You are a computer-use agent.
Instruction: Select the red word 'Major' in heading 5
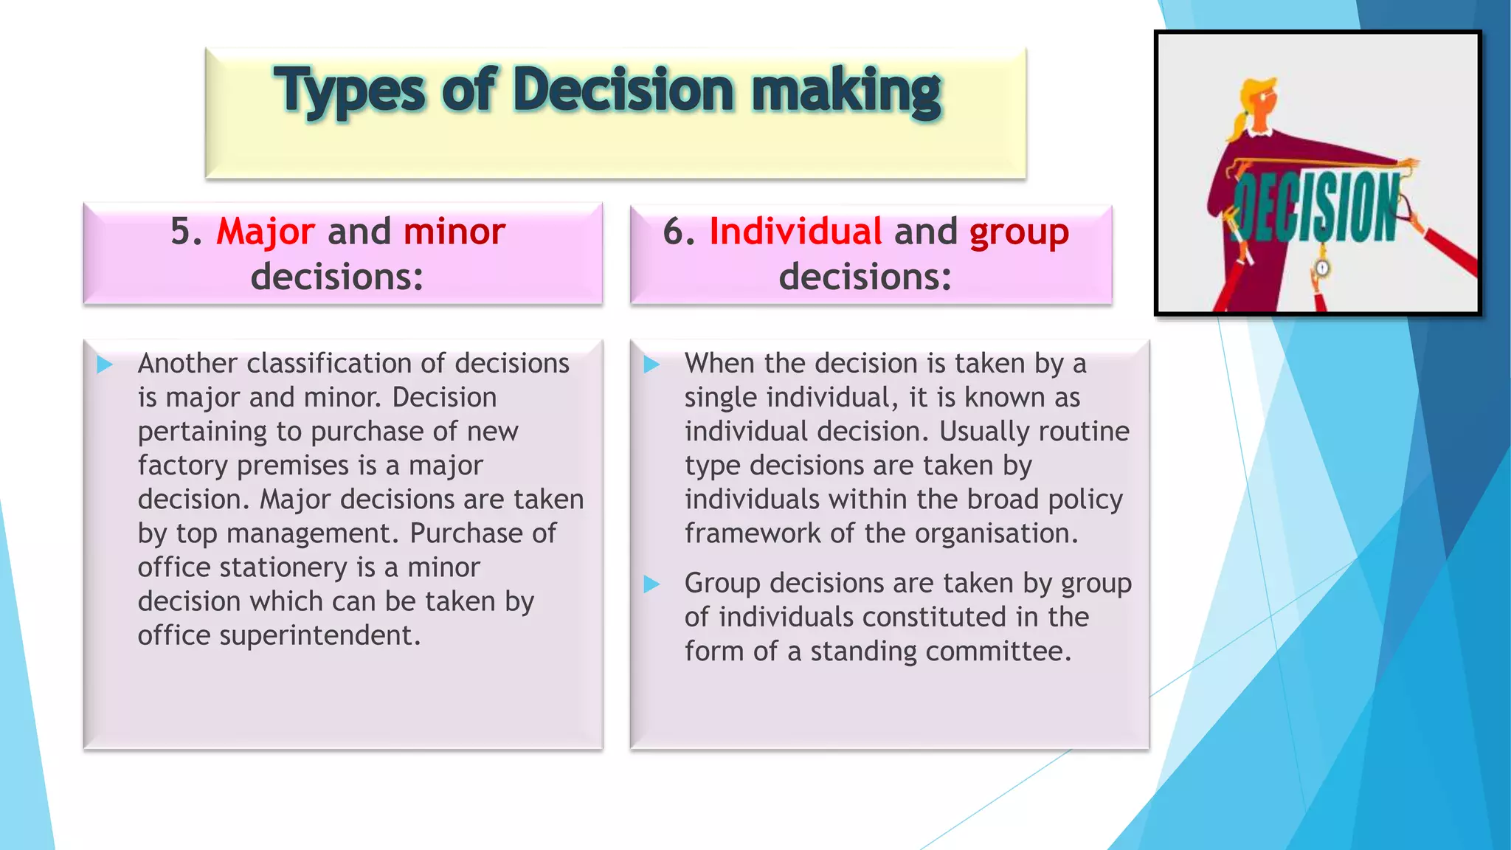(266, 232)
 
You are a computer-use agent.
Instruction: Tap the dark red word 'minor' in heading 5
(454, 232)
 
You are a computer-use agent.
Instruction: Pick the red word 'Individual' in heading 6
(795, 232)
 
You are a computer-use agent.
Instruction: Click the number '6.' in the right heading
(679, 232)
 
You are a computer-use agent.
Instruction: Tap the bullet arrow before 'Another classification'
(105, 364)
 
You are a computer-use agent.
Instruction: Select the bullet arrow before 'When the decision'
(651, 364)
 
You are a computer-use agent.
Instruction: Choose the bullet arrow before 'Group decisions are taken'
(651, 584)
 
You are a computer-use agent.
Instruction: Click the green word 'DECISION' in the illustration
(1316, 207)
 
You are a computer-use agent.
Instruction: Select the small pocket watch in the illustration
(1322, 268)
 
